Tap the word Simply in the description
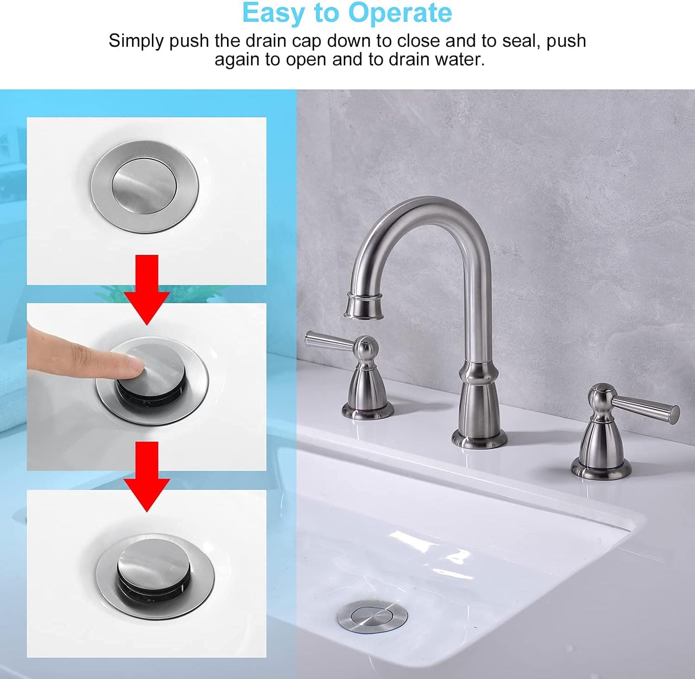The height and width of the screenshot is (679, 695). [x=136, y=41]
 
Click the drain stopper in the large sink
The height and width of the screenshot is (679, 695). [x=372, y=615]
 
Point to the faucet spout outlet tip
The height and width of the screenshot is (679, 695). [x=364, y=308]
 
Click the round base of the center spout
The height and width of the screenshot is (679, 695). [x=479, y=439]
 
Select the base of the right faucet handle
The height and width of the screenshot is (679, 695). [x=601, y=467]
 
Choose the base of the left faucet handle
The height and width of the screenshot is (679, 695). [x=367, y=410]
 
